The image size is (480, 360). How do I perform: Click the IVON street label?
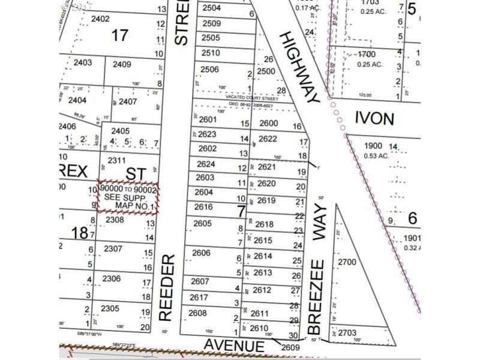pyautogui.click(x=374, y=118)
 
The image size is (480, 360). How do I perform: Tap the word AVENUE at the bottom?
pyautogui.click(x=233, y=346)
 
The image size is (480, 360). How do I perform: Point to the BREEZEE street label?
pyautogui.click(x=316, y=296)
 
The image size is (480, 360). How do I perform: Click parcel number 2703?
pyautogui.click(x=347, y=333)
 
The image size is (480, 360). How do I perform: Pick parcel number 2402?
pyautogui.click(x=100, y=19)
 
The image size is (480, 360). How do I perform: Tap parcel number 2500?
pyautogui.click(x=266, y=71)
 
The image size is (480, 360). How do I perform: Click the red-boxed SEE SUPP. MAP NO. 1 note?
pyautogui.click(x=128, y=196)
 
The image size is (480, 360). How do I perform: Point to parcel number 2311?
pyautogui.click(x=117, y=160)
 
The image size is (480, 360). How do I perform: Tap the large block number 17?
pyautogui.click(x=120, y=35)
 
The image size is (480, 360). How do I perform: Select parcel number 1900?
pyautogui.click(x=373, y=146)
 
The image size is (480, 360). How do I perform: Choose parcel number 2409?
pyautogui.click(x=122, y=64)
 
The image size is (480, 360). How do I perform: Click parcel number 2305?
pyautogui.click(x=110, y=308)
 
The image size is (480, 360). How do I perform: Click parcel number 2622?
pyautogui.click(x=268, y=139)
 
